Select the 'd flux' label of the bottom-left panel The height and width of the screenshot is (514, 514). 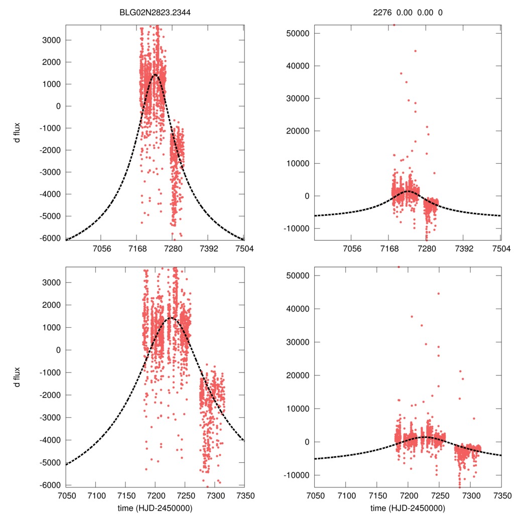point(17,377)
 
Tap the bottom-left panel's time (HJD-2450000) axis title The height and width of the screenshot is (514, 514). point(155,507)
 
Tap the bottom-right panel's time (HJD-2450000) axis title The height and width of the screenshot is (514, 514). point(408,507)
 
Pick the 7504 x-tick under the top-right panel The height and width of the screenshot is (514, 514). point(501,248)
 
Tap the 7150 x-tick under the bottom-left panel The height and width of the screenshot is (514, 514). point(125,494)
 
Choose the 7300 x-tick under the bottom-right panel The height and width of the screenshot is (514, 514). point(470,494)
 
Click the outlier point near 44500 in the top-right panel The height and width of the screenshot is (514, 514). point(415,51)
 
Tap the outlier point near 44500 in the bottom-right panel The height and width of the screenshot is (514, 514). point(438,294)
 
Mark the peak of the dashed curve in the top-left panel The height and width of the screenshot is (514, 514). point(155,75)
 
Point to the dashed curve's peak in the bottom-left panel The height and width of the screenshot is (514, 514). point(170,318)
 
